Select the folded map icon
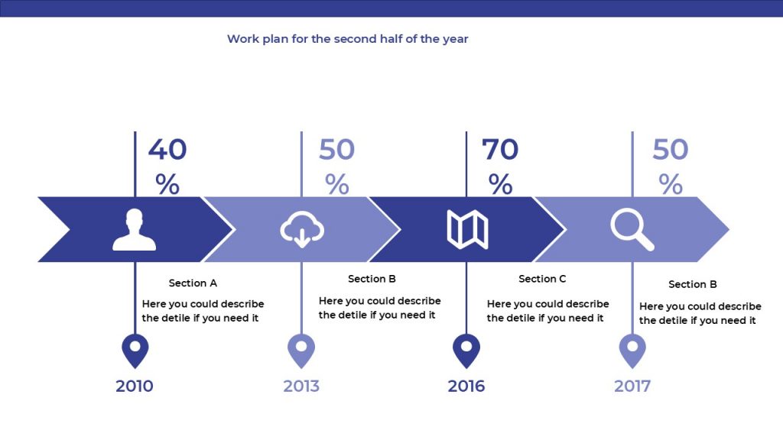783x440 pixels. [x=467, y=229]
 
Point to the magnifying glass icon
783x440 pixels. [x=632, y=229]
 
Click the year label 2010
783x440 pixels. [x=135, y=386]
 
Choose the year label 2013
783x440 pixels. [x=301, y=386]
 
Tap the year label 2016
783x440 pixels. [x=466, y=386]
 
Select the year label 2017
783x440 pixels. [x=632, y=386]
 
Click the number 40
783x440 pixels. [x=167, y=149]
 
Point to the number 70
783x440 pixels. [x=500, y=149]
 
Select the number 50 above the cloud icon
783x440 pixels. [x=336, y=149]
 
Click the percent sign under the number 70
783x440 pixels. [x=500, y=184]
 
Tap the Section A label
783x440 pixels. [x=193, y=283]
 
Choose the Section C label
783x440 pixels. [x=542, y=279]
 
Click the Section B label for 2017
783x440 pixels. [x=693, y=284]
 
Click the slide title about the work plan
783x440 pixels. [x=348, y=39]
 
